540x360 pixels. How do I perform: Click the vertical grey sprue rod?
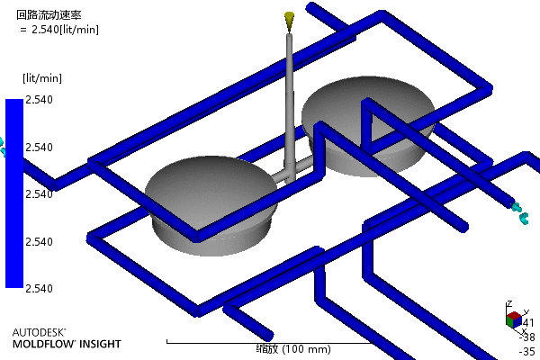point(289,99)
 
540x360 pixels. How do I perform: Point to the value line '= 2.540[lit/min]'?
point(59,29)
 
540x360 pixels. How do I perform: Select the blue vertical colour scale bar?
point(13,193)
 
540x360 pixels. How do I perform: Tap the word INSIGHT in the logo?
point(98,344)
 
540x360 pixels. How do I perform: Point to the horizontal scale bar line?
point(270,342)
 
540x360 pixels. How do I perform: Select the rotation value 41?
point(528,322)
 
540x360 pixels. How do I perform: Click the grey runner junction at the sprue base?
point(289,171)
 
